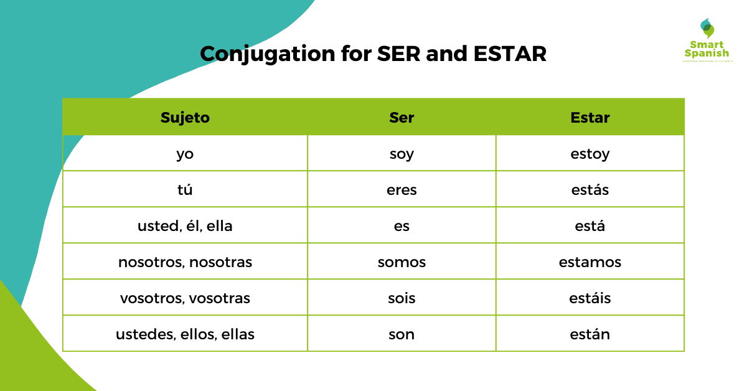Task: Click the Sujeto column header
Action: pyautogui.click(x=185, y=118)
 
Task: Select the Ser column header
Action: pyautogui.click(x=402, y=118)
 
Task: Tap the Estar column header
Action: pyautogui.click(x=590, y=118)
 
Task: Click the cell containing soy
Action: pyautogui.click(x=402, y=154)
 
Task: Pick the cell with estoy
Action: pyautogui.click(x=590, y=154)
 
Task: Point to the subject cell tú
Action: pyautogui.click(x=185, y=190)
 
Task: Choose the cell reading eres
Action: pyautogui.click(x=402, y=190)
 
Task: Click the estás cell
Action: pyautogui.click(x=590, y=190)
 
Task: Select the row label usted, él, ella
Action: pyautogui.click(x=185, y=226)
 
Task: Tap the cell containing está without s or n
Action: pyautogui.click(x=590, y=226)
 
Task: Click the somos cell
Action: pyautogui.click(x=402, y=262)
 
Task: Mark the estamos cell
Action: pyautogui.click(x=590, y=262)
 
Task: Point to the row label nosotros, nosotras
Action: pyautogui.click(x=185, y=262)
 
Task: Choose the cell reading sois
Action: pyautogui.click(x=402, y=298)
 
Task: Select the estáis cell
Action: pyautogui.click(x=590, y=298)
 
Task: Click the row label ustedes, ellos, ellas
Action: pyautogui.click(x=185, y=334)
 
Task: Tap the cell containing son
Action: pyautogui.click(x=402, y=334)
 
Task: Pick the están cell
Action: pyautogui.click(x=590, y=334)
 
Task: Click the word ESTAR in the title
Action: pyautogui.click(x=509, y=54)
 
